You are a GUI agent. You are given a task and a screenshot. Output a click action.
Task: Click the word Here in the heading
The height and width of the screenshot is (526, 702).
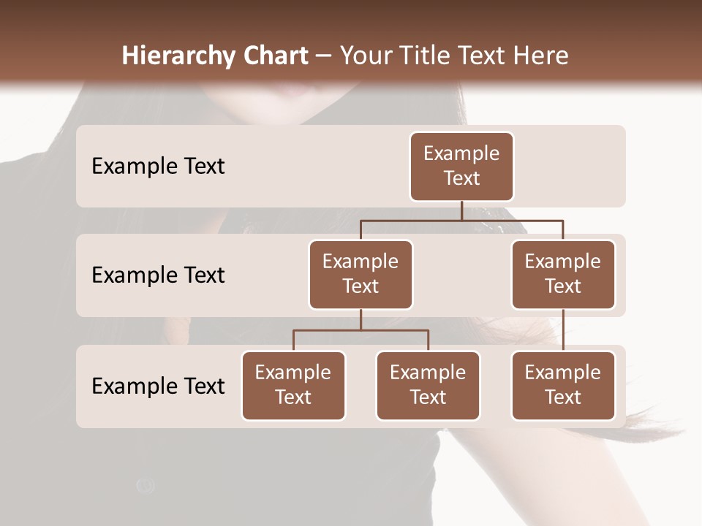541,56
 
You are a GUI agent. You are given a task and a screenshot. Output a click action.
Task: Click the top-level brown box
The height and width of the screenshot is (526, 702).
461,167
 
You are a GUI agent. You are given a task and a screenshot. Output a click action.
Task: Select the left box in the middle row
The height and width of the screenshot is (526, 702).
361,275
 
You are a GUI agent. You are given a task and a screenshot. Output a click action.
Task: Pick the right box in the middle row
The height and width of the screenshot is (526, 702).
563,275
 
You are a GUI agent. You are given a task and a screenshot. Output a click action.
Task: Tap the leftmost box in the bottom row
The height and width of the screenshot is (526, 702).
293,386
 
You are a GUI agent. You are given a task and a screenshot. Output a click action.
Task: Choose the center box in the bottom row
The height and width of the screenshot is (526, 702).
428,386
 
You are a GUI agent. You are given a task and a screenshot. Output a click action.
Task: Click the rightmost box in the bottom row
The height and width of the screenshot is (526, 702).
563,386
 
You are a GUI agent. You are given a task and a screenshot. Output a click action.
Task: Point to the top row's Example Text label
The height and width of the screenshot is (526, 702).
158,167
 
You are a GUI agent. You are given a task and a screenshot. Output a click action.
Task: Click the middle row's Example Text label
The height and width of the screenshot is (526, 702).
158,275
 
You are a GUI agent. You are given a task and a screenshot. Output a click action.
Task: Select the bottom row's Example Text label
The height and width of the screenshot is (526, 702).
158,386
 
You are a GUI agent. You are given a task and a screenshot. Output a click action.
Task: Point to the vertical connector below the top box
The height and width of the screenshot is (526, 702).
461,210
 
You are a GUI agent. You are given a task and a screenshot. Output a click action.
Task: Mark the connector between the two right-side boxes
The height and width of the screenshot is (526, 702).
563,330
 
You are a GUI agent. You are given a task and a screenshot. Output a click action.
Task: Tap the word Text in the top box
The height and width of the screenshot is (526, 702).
461,178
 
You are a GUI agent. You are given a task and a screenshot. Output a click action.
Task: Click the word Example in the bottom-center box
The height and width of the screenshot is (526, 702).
428,373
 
